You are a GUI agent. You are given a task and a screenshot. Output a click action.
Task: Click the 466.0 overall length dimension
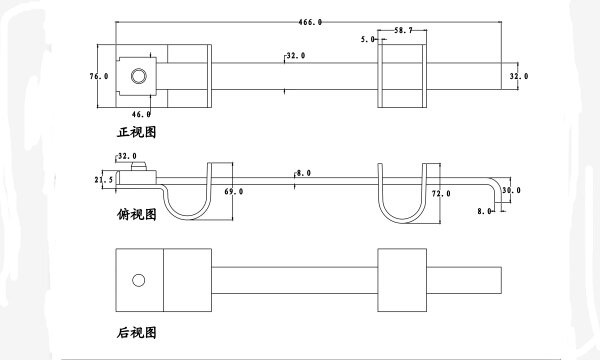click(310, 22)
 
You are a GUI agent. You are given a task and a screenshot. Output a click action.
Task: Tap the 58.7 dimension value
click(403, 30)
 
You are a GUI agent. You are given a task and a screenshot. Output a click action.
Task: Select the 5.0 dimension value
click(368, 39)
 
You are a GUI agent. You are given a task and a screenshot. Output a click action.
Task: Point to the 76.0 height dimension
click(99, 76)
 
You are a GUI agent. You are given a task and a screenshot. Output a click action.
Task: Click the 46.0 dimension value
click(141, 114)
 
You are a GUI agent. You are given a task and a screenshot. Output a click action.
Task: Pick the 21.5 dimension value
click(104, 179)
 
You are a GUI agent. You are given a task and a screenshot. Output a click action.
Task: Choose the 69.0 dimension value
click(233, 191)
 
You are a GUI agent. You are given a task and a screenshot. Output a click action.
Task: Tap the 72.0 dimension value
click(441, 194)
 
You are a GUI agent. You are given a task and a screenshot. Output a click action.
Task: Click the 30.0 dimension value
click(512, 190)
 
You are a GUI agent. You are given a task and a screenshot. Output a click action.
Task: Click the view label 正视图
click(137, 132)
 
